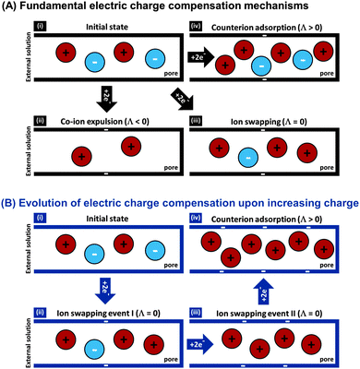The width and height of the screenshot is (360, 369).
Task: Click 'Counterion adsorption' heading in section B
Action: point(271,214)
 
